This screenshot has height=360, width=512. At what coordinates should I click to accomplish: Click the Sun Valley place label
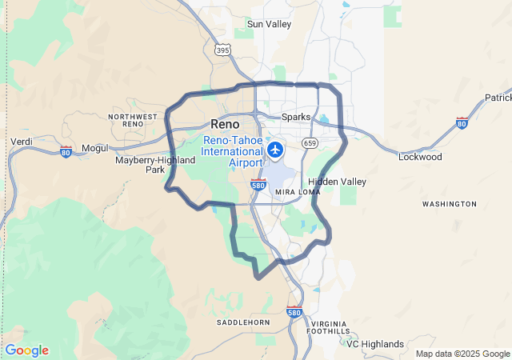[269, 24]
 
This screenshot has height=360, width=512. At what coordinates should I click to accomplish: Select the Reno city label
[224, 124]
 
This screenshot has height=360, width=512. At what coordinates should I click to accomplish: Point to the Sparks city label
[296, 117]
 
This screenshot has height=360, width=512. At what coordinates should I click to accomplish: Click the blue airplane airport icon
[275, 149]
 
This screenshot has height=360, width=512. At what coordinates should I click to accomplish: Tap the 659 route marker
[310, 142]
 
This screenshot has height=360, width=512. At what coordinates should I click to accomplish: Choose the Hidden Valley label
[337, 182]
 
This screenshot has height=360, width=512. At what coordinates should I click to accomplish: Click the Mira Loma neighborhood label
[296, 193]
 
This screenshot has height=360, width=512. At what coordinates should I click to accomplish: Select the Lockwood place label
[420, 157]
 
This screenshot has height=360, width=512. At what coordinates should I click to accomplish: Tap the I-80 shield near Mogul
[66, 150]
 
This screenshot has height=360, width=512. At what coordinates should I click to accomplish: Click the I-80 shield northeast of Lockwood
[462, 122]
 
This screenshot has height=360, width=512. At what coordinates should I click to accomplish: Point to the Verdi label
[21, 142]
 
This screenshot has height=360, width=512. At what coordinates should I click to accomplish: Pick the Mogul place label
[94, 149]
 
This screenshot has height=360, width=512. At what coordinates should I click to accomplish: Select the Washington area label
[449, 204]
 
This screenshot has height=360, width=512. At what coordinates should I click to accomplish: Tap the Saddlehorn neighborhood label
[239, 322]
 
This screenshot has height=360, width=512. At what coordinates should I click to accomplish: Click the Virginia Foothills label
[328, 326]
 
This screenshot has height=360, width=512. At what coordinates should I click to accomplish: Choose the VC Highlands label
[375, 344]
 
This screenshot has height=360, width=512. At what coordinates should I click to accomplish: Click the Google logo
[26, 350]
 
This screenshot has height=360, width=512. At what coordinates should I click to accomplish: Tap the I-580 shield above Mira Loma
[258, 185]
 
